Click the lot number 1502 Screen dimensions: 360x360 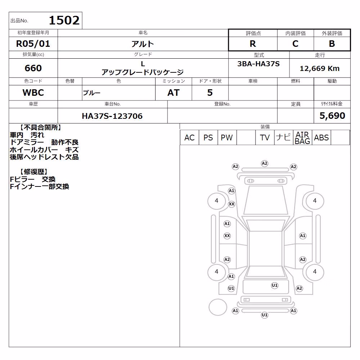tap(64, 21)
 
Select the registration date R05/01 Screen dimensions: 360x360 tap(33, 44)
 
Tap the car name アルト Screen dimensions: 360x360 tap(143, 44)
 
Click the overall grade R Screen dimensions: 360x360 tap(253, 44)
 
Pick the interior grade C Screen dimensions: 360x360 tap(295, 44)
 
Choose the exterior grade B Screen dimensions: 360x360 tap(332, 44)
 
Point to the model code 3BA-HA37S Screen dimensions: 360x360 tap(258, 64)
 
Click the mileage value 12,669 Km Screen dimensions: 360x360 tap(320, 68)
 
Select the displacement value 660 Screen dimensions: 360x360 tap(33, 68)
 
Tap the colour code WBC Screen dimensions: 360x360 tap(33, 93)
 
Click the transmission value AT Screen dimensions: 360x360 tap(174, 93)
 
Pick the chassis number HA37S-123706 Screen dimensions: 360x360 tap(112, 116)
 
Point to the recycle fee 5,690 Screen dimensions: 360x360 tap(332, 116)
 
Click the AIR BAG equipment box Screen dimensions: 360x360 tap(302, 138)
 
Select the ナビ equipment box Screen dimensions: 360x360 tap(284, 138)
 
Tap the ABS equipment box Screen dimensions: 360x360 tap(321, 138)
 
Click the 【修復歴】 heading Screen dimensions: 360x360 tap(33, 172)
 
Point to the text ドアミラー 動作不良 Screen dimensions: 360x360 tap(44, 142)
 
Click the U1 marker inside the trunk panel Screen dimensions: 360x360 tap(275, 285)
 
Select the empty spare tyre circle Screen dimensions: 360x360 tap(218, 307)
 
